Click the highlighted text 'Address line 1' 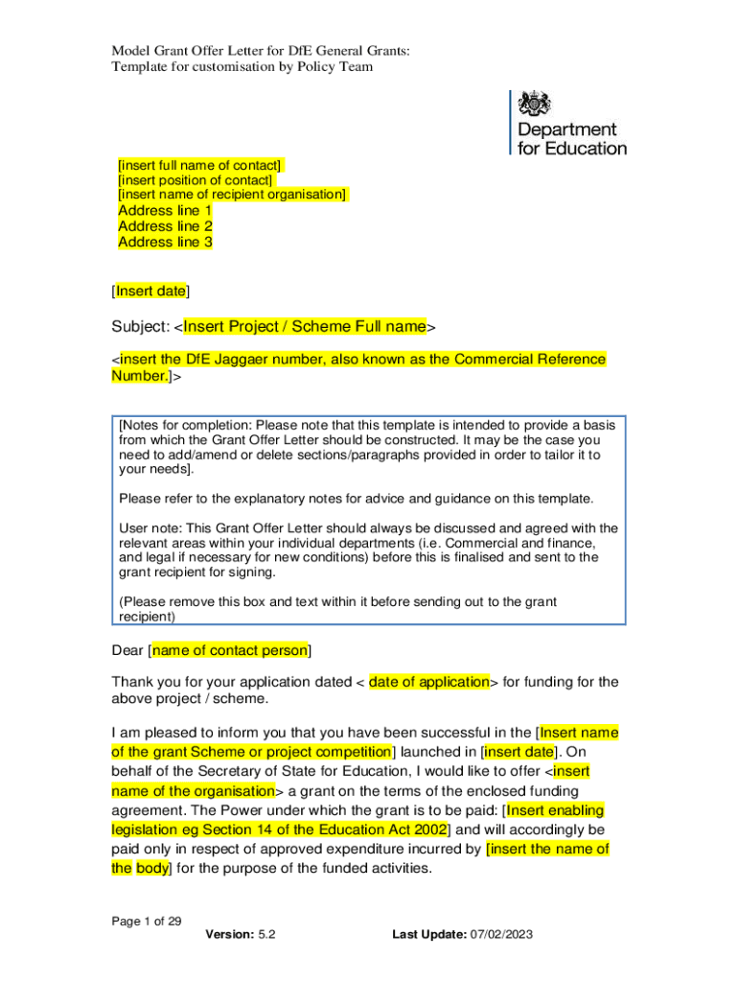pyautogui.click(x=165, y=211)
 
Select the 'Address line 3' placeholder pyautogui.click(x=165, y=243)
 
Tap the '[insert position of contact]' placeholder pyautogui.click(x=196, y=180)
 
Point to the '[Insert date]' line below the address pyautogui.click(x=150, y=291)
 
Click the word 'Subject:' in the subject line pyautogui.click(x=140, y=327)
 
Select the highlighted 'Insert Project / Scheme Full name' pyautogui.click(x=305, y=327)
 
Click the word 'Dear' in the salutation pyautogui.click(x=127, y=651)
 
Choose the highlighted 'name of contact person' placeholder pyautogui.click(x=230, y=651)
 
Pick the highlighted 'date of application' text pyautogui.click(x=429, y=683)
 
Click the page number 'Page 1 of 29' pyautogui.click(x=147, y=922)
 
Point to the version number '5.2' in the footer pyautogui.click(x=267, y=934)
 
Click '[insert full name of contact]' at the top pyautogui.click(x=200, y=165)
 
